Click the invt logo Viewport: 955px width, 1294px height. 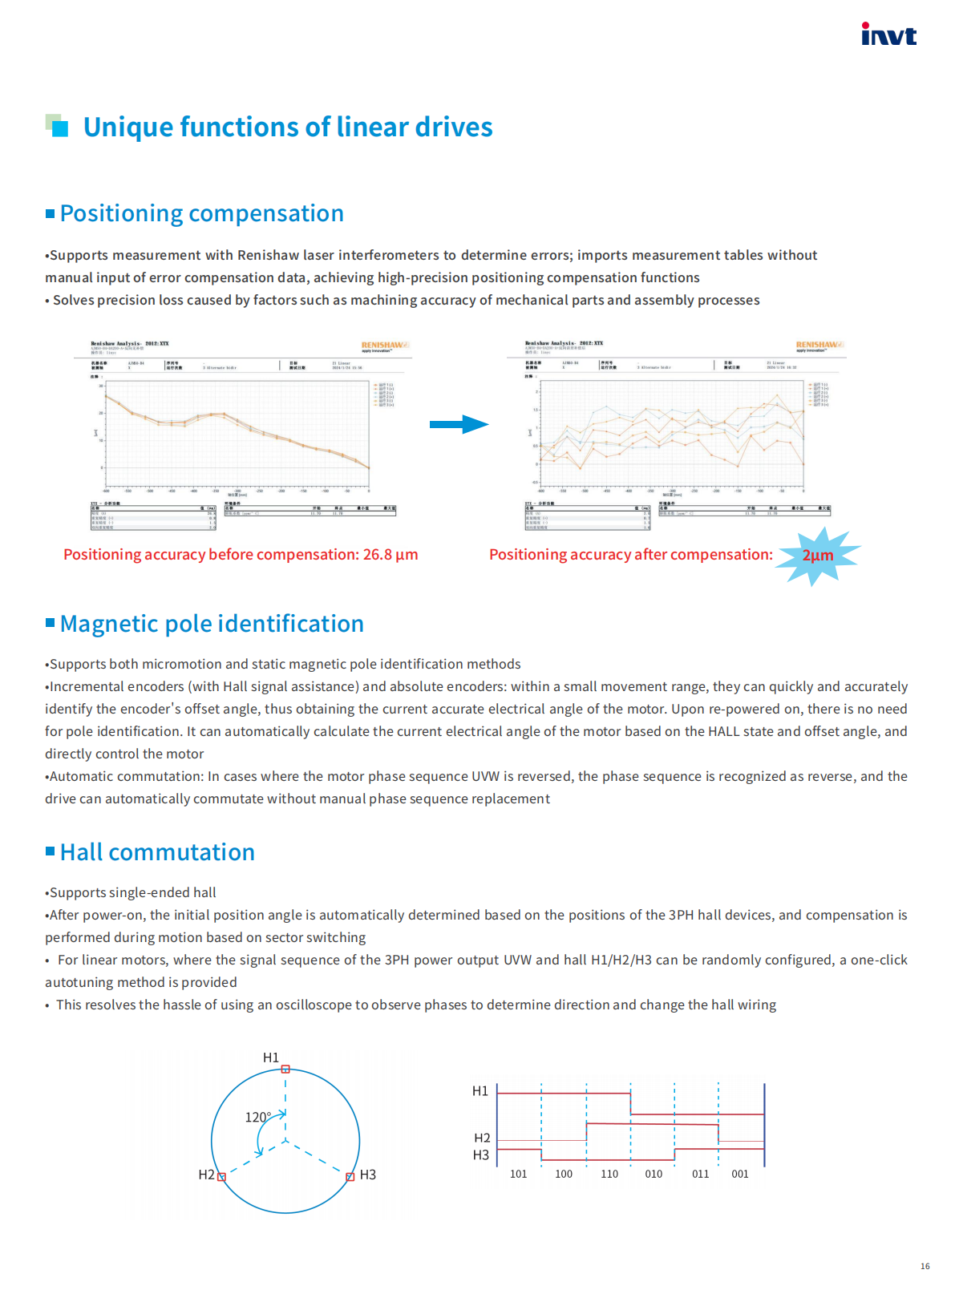[x=888, y=34]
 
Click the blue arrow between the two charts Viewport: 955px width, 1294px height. [x=459, y=424]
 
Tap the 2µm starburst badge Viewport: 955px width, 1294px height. [x=817, y=555]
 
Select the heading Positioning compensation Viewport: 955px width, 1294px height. [x=201, y=213]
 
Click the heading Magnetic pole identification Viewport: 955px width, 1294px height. [x=212, y=624]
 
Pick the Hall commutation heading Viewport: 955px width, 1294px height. [x=157, y=852]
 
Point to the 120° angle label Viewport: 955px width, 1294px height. [x=257, y=1117]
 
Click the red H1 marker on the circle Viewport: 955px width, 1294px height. [x=285, y=1070]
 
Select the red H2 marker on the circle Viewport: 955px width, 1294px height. [x=222, y=1177]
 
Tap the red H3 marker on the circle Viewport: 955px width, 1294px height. [x=350, y=1177]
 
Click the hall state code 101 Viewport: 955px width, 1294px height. [x=519, y=1174]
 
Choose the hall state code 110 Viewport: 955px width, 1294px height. [x=609, y=1174]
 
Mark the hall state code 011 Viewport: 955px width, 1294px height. [x=700, y=1174]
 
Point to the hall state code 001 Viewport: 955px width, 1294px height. [x=740, y=1174]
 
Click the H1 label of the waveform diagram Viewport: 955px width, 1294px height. [x=480, y=1091]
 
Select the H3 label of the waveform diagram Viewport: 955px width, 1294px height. [x=480, y=1155]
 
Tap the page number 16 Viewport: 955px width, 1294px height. [x=925, y=1267]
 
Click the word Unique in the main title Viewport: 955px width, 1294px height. [x=127, y=127]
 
